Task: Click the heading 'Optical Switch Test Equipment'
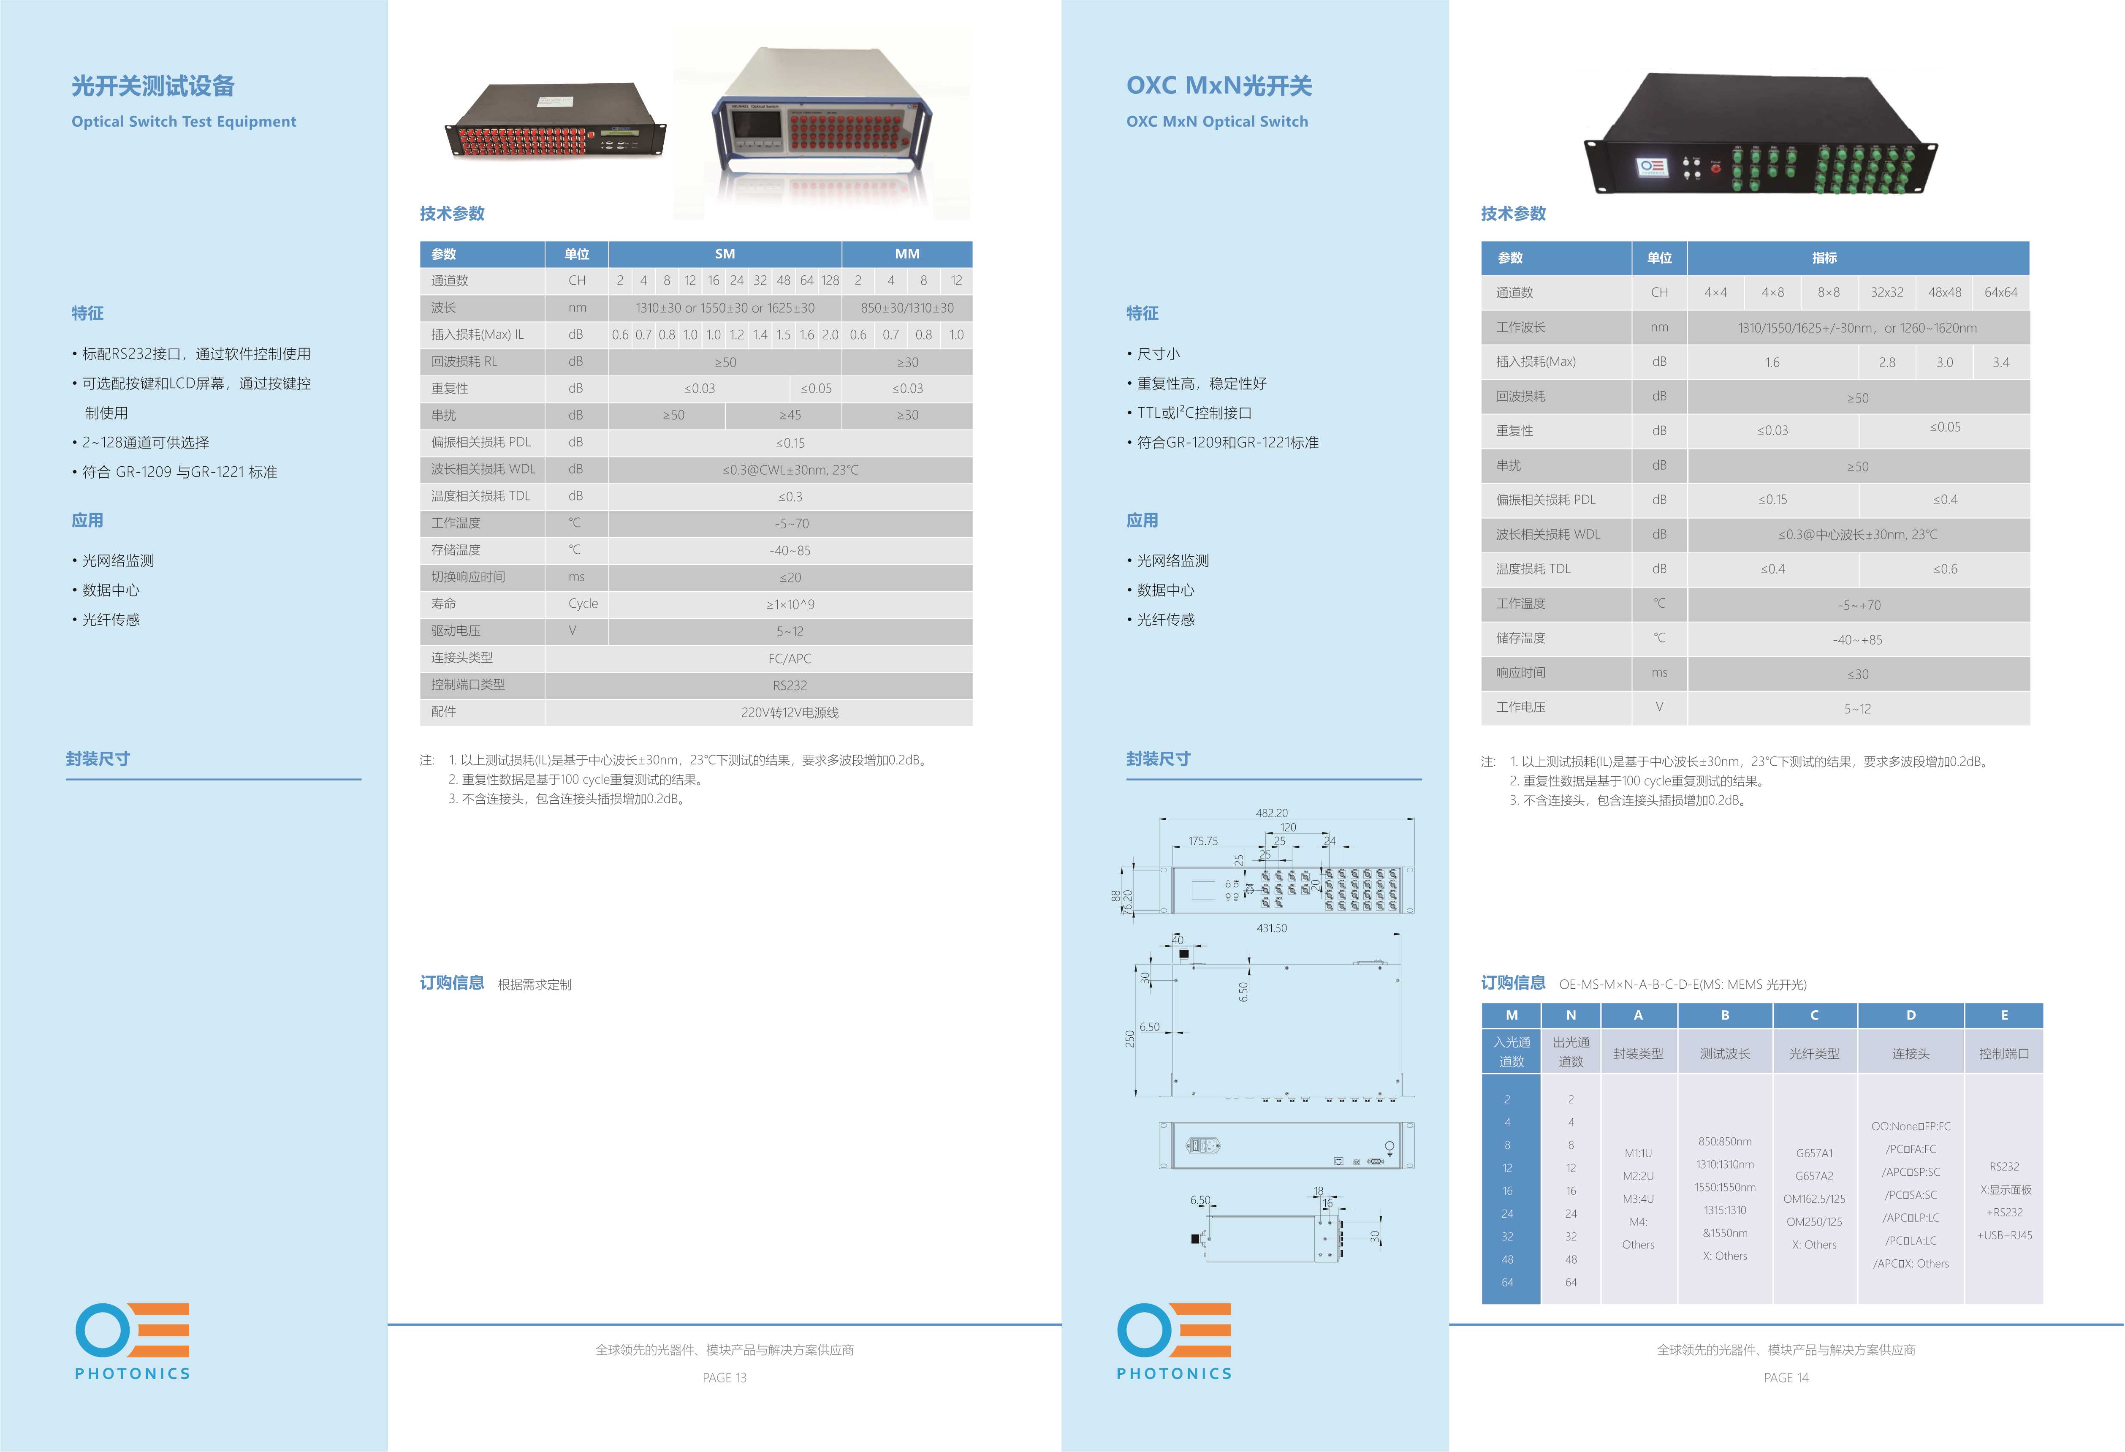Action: [x=184, y=122]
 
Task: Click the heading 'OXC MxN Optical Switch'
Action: [x=1217, y=122]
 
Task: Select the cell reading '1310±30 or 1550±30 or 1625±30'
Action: [x=725, y=308]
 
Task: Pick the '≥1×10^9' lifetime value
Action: [x=790, y=604]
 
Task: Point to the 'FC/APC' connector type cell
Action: [x=790, y=658]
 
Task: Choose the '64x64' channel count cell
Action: [x=2000, y=293]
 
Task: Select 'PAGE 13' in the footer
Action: [x=724, y=1378]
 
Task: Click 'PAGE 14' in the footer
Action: [x=1786, y=1378]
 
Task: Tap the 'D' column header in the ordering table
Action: [x=1911, y=1015]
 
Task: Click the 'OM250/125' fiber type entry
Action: [x=1814, y=1221]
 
